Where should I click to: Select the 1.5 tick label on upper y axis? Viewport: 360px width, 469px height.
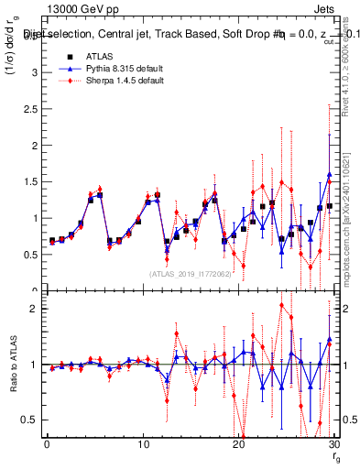(x=31, y=182)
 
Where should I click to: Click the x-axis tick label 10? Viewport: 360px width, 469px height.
(x=143, y=445)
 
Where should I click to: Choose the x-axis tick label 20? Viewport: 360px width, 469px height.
(x=239, y=445)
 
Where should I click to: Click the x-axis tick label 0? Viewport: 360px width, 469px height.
(x=47, y=445)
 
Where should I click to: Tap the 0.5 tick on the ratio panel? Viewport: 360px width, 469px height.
(x=31, y=420)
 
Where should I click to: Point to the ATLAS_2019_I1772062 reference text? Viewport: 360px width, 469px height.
(x=189, y=274)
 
